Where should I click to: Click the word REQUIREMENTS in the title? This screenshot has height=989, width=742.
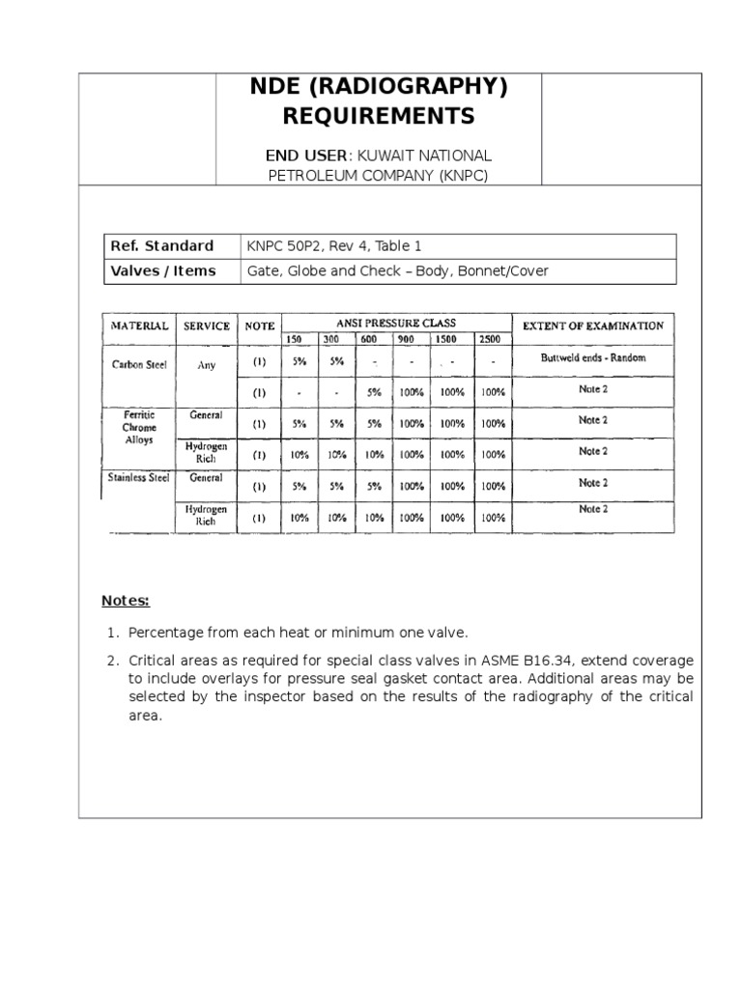(x=378, y=117)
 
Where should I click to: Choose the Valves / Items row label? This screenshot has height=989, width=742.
(x=162, y=270)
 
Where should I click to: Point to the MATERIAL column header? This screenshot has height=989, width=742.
(x=140, y=326)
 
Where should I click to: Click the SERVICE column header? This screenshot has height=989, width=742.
(x=207, y=326)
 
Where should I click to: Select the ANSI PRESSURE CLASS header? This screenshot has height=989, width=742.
(x=396, y=323)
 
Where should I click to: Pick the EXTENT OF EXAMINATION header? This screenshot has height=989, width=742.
(x=592, y=325)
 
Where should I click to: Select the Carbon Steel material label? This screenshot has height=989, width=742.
(x=139, y=365)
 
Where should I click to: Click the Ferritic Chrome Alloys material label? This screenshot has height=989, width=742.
(x=139, y=426)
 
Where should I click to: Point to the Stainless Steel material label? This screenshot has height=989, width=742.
(x=139, y=478)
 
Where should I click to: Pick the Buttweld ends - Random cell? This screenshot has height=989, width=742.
(x=592, y=358)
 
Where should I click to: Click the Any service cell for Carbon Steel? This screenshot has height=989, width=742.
(x=207, y=366)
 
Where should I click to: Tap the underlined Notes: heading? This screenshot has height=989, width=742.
(x=126, y=601)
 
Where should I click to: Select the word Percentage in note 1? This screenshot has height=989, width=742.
(x=165, y=633)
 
